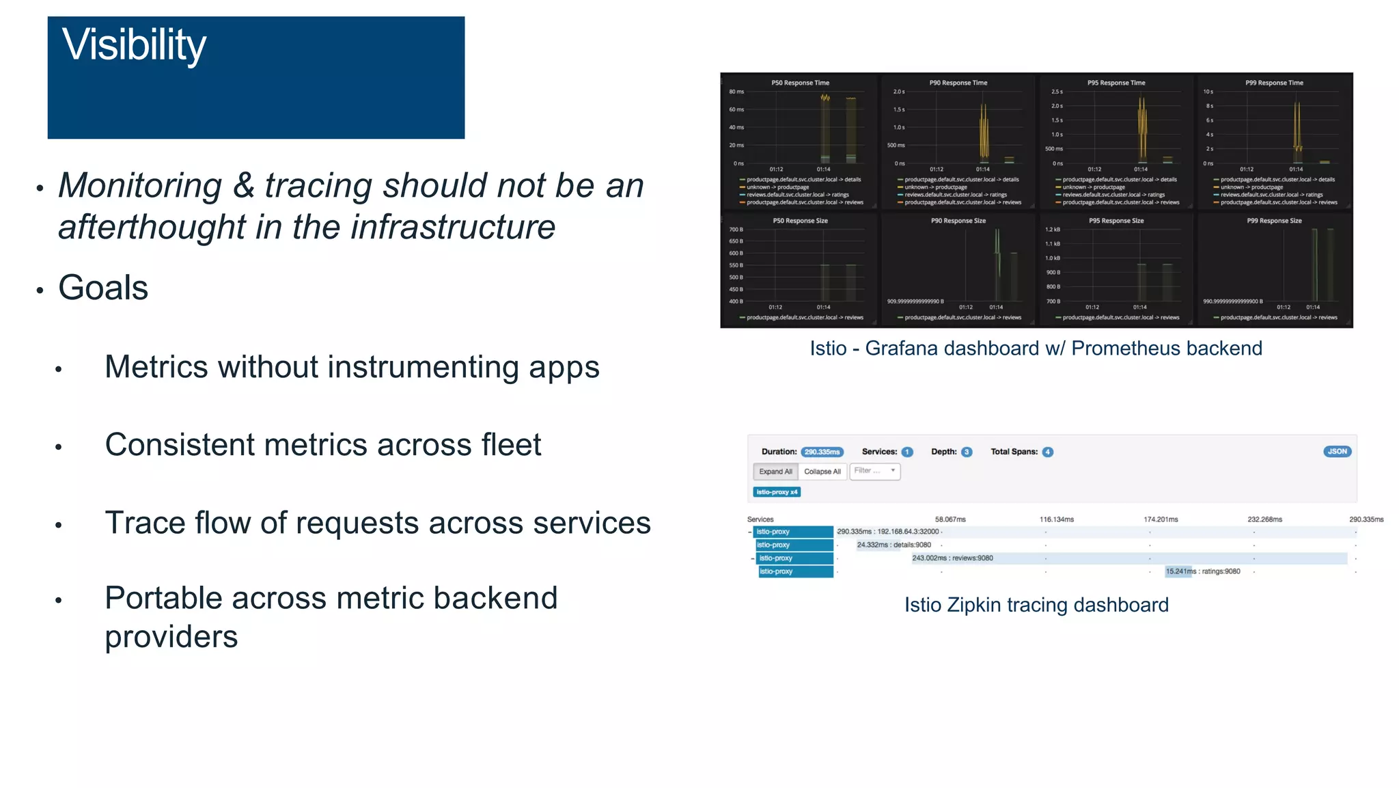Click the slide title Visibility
click(134, 45)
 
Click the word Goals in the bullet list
click(103, 288)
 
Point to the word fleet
click(511, 445)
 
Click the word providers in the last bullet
click(171, 637)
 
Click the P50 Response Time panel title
click(800, 83)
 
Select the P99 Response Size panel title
click(1274, 221)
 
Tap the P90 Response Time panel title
click(958, 83)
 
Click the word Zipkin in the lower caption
click(973, 605)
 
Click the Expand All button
click(775, 472)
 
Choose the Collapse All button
click(822, 472)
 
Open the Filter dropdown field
click(875, 471)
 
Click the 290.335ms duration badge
click(822, 452)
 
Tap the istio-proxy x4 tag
click(777, 492)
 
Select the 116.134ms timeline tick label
click(1056, 519)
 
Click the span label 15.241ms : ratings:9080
click(1202, 571)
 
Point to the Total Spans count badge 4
click(1047, 452)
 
